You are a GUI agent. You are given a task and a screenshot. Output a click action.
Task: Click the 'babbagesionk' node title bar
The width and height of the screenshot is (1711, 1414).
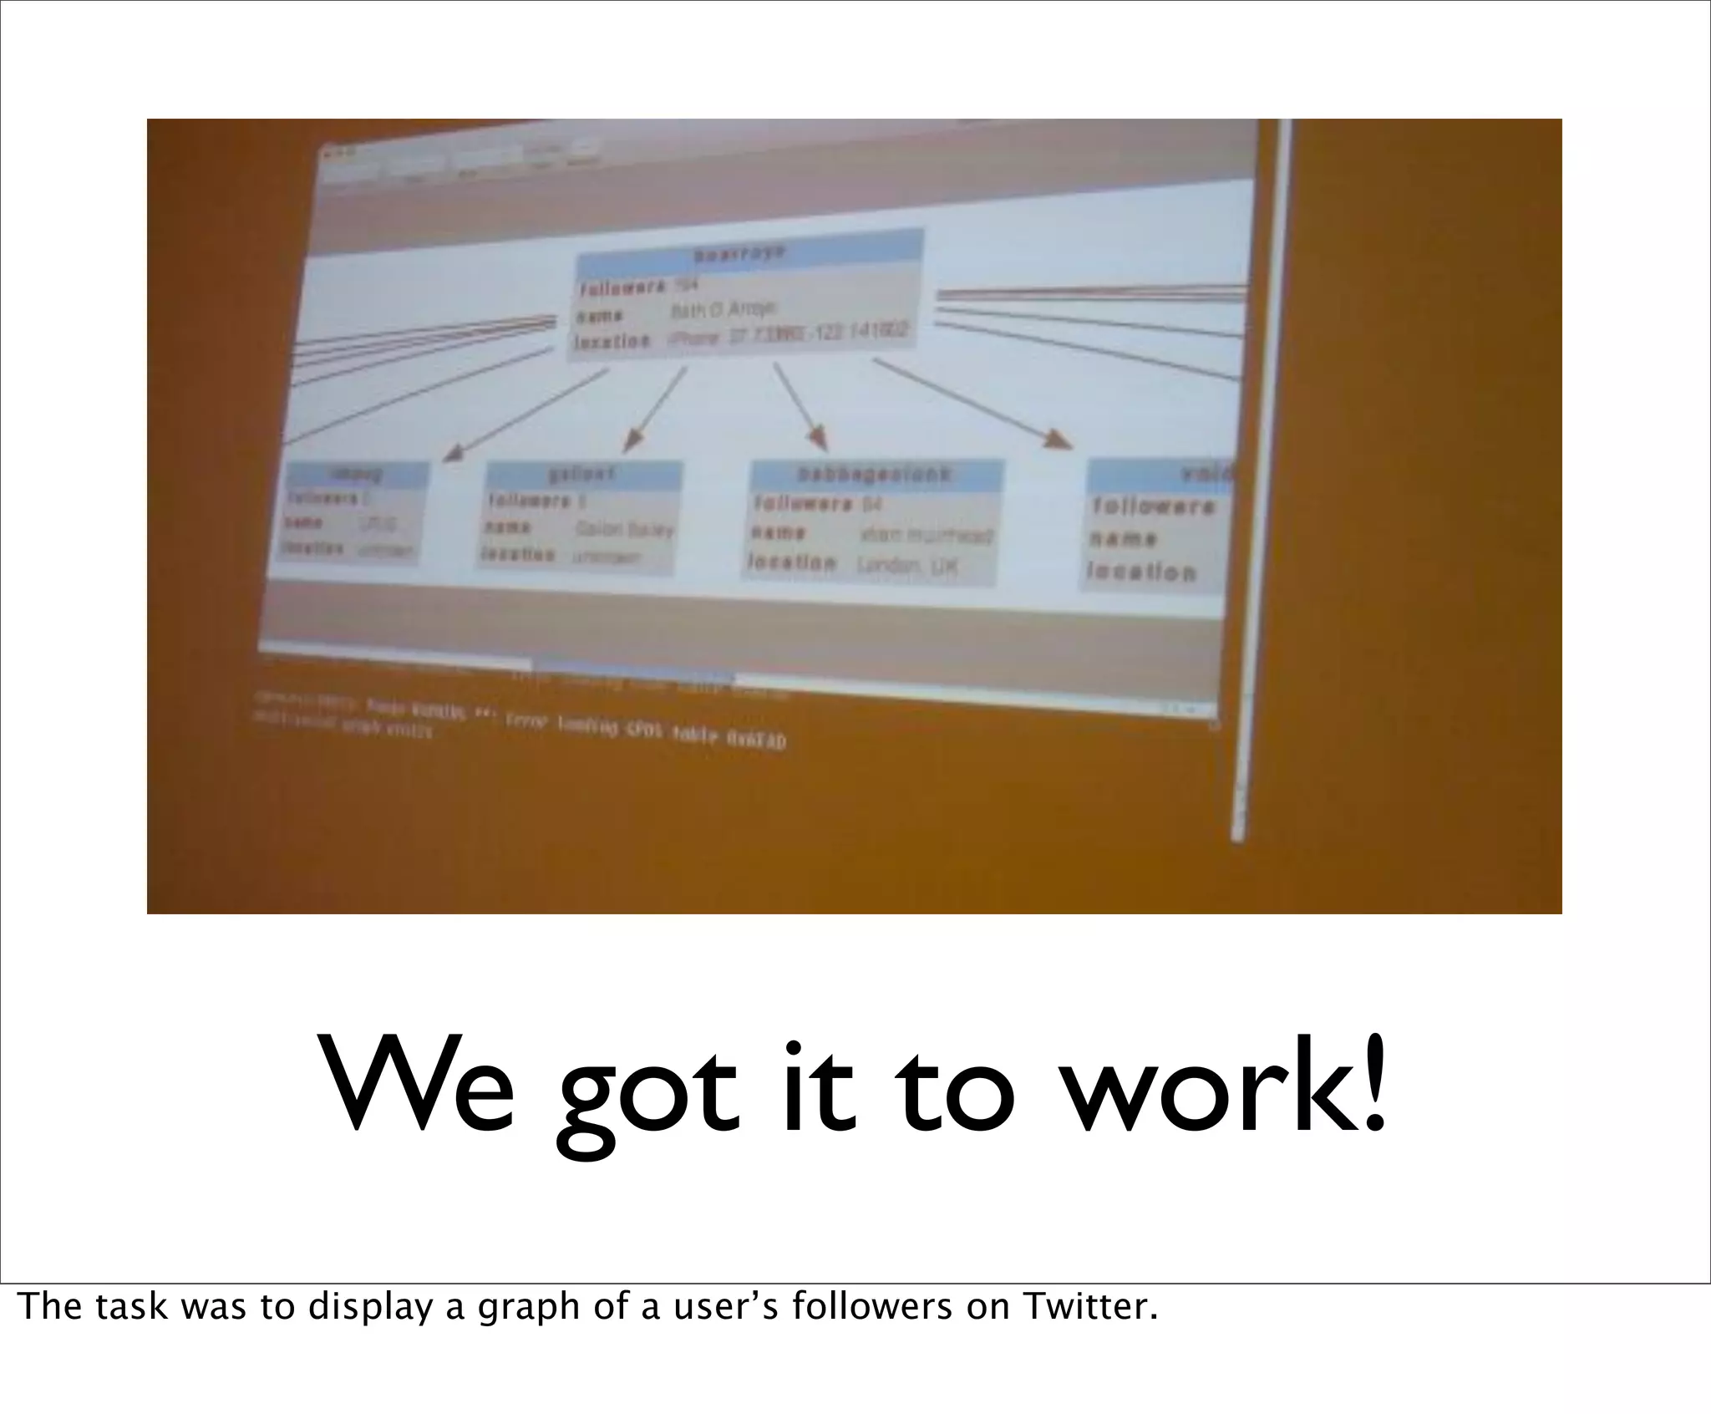point(876,475)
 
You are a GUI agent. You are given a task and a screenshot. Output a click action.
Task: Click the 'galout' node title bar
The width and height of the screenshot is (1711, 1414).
point(584,474)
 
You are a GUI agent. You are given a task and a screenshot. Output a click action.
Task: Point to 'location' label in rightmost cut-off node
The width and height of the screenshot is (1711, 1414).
point(1141,572)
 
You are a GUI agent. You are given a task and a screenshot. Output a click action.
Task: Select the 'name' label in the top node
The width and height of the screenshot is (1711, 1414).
point(598,316)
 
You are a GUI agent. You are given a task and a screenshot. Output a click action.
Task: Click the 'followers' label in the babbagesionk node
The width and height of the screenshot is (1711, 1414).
point(803,504)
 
